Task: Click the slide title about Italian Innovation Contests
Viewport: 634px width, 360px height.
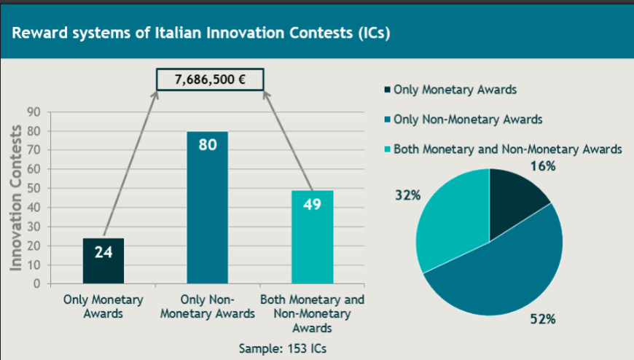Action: click(x=201, y=33)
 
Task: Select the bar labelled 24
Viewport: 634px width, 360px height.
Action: click(x=103, y=261)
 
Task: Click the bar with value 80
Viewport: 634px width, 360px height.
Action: click(x=208, y=208)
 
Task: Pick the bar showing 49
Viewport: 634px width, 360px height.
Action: click(x=313, y=237)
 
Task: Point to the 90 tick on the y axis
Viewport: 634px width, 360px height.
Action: click(x=34, y=112)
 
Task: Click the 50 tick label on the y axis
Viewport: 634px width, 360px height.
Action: click(x=34, y=189)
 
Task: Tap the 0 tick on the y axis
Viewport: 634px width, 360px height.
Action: click(x=36, y=284)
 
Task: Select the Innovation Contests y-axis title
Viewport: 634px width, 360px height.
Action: click(x=16, y=197)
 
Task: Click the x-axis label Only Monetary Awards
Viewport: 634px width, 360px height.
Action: click(x=103, y=307)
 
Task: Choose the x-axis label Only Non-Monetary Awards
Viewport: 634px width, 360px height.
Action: click(x=208, y=307)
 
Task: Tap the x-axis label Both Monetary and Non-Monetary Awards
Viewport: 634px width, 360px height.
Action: click(x=313, y=313)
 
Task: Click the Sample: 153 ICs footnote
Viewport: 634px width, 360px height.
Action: click(x=283, y=348)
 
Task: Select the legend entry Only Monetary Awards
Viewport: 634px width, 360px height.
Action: click(x=450, y=90)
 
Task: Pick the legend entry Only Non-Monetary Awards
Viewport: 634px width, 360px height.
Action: click(x=463, y=120)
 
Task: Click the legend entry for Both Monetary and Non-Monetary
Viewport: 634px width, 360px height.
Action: click(x=503, y=149)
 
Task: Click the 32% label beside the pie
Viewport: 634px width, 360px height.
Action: click(x=408, y=195)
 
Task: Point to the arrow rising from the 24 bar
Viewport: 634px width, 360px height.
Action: click(x=130, y=163)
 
